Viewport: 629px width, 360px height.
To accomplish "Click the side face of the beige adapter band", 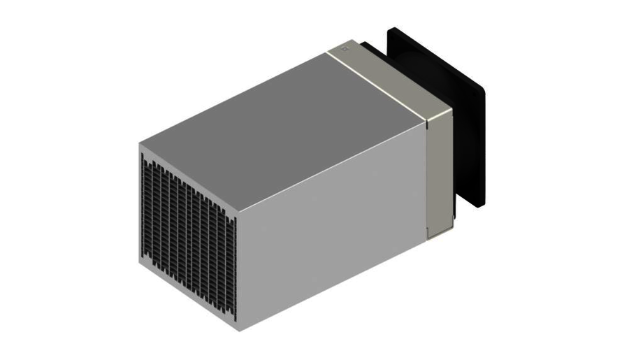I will pos(439,175).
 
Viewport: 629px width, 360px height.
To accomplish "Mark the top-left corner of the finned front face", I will pos(140,144).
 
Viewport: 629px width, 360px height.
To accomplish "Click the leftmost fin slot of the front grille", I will pos(145,210).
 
